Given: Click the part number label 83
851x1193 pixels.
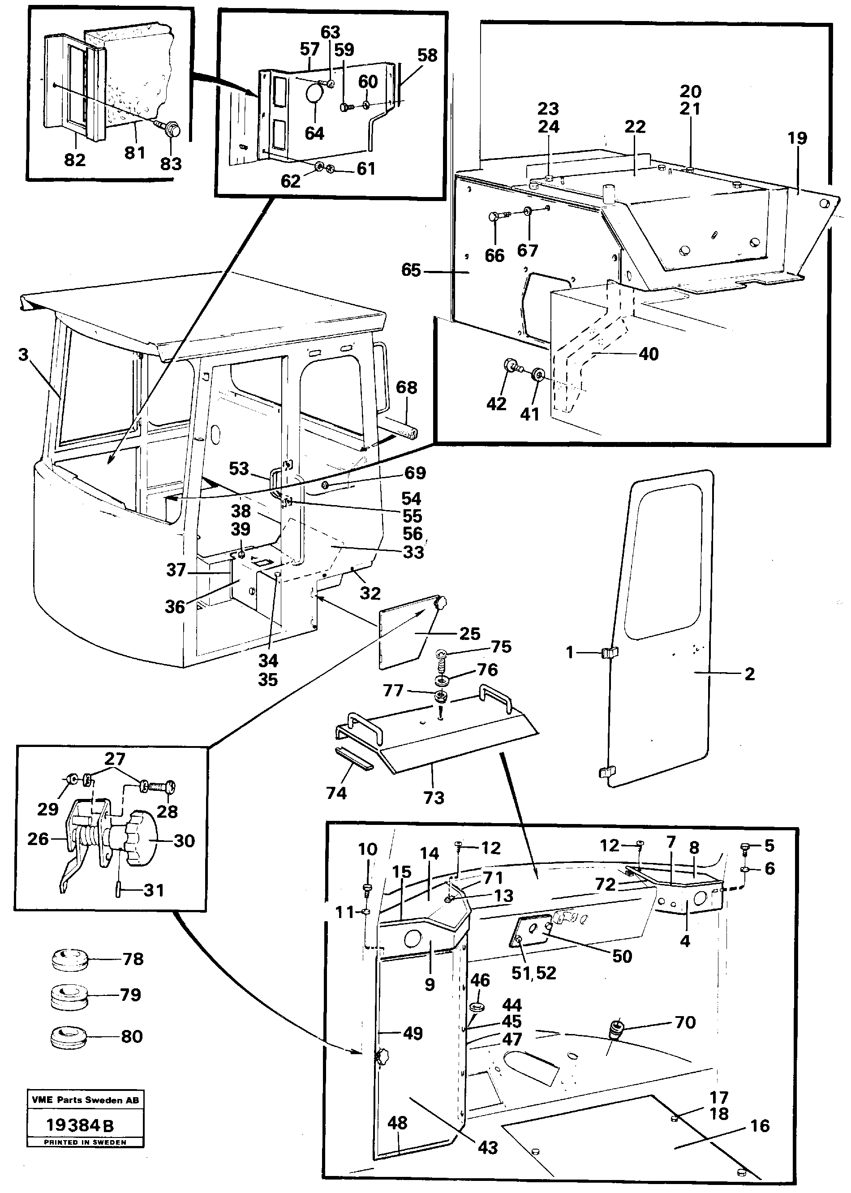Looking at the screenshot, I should [x=171, y=164].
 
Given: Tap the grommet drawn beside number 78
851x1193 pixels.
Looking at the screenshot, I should [x=69, y=959].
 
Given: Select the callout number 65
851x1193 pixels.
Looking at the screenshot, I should [x=411, y=270].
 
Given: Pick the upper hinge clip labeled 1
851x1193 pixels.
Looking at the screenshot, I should [x=608, y=652].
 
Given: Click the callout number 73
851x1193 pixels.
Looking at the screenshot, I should [x=434, y=798].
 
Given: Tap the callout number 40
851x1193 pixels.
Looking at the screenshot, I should [x=649, y=354].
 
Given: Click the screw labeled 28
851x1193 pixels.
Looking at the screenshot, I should [x=163, y=787].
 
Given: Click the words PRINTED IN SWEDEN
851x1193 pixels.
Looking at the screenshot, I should [x=86, y=1142].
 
